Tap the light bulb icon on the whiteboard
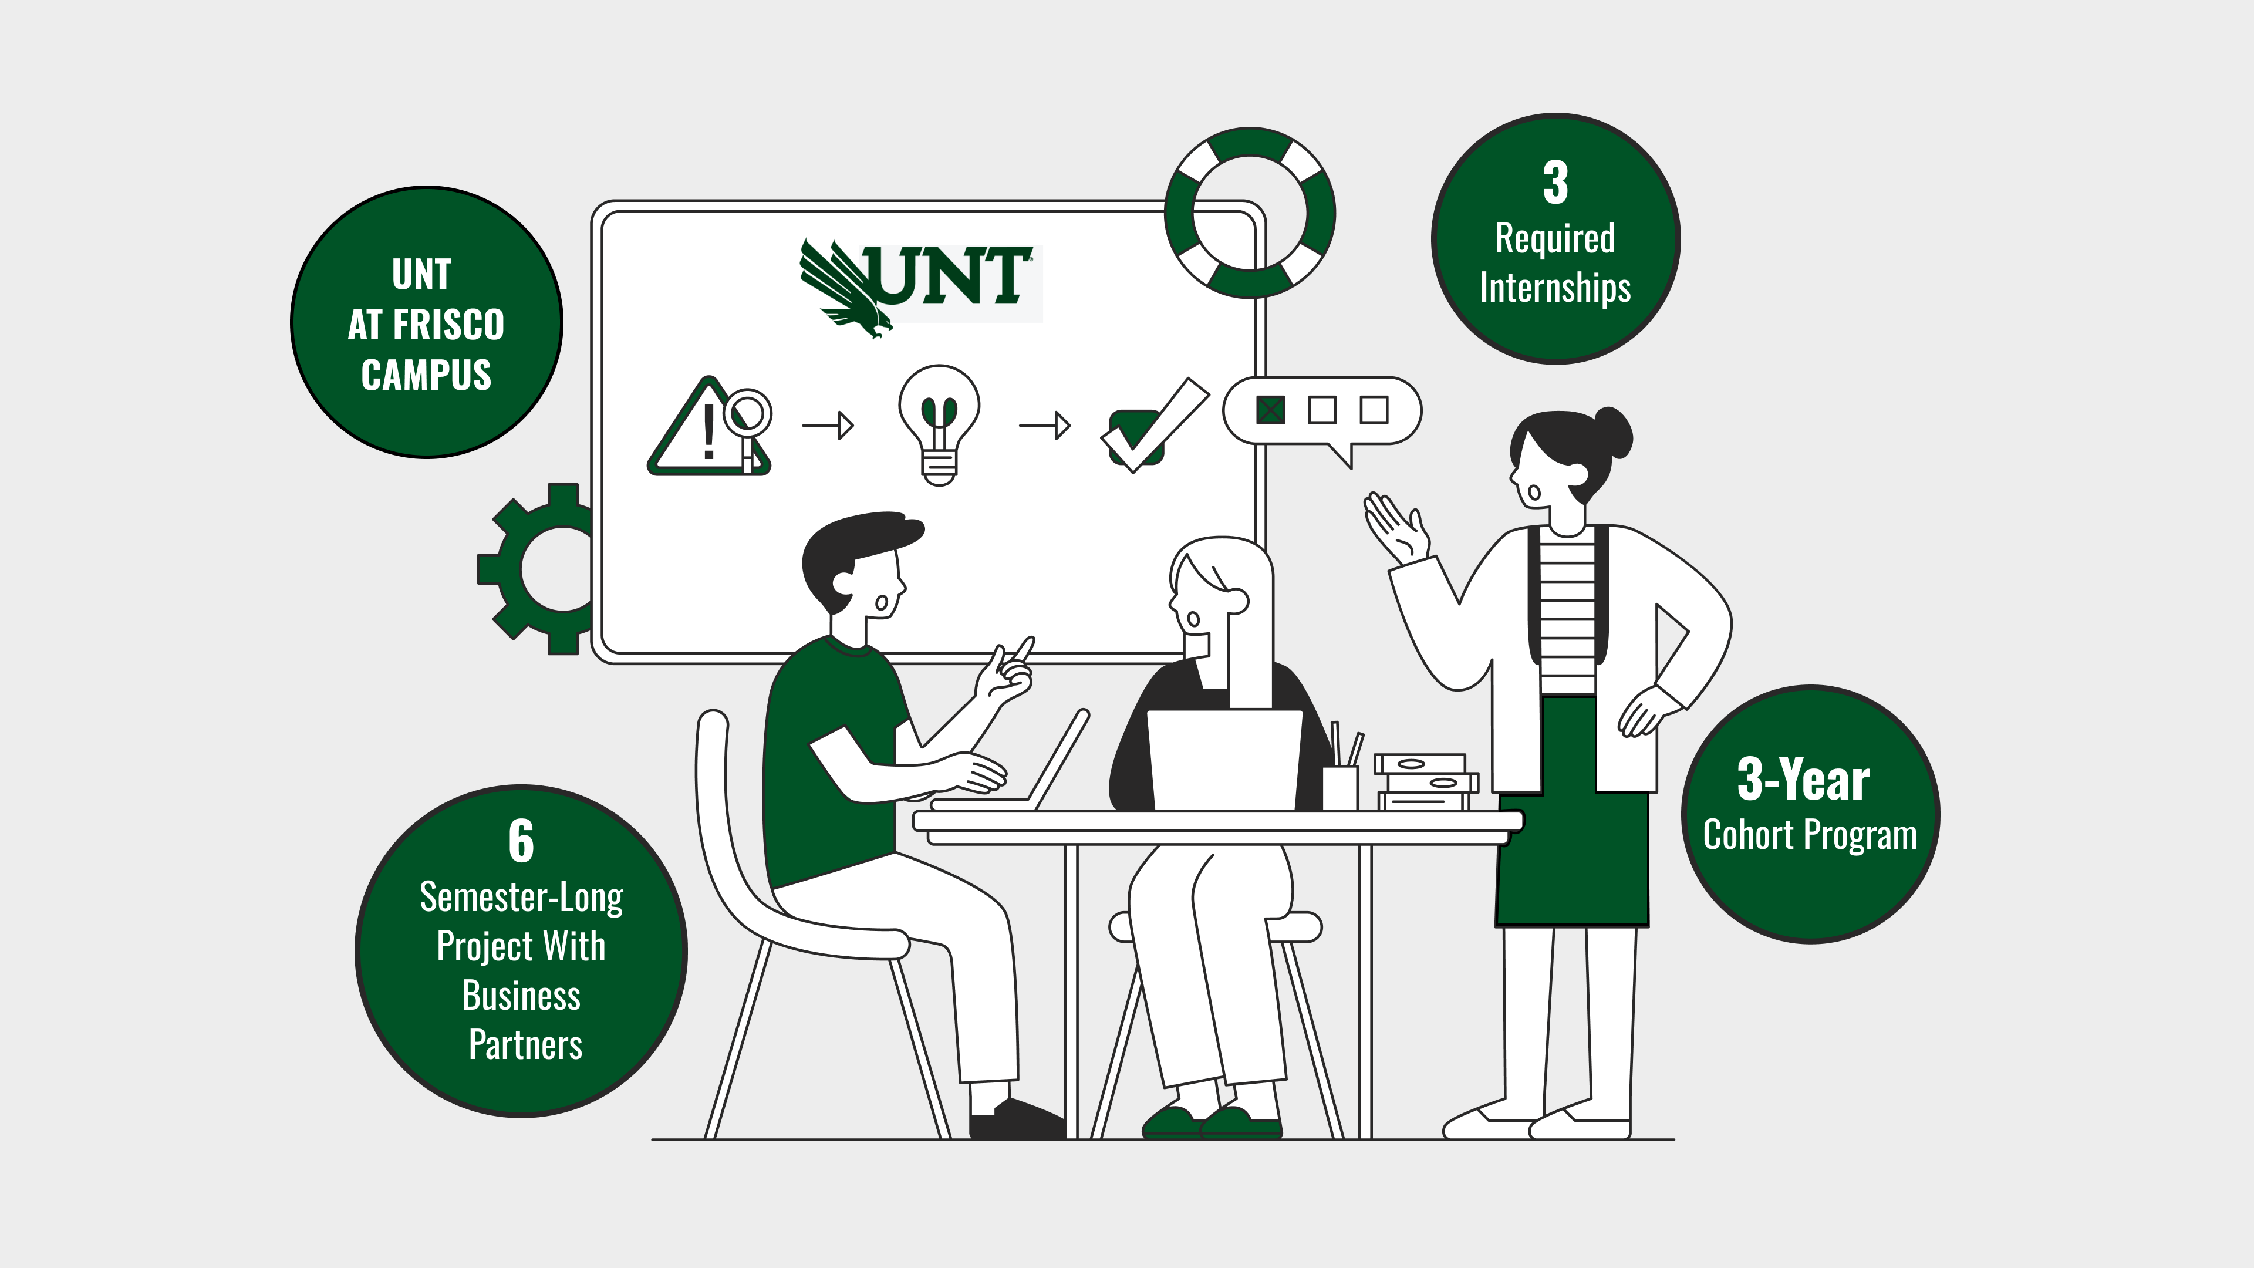(939, 425)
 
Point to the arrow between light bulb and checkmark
(1045, 426)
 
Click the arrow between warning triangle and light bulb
(828, 426)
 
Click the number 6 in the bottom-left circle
(521, 841)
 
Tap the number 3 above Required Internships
(1555, 183)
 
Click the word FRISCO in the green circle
(449, 325)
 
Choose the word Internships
(1555, 288)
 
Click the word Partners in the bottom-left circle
(525, 1045)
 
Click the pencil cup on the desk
(1339, 787)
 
